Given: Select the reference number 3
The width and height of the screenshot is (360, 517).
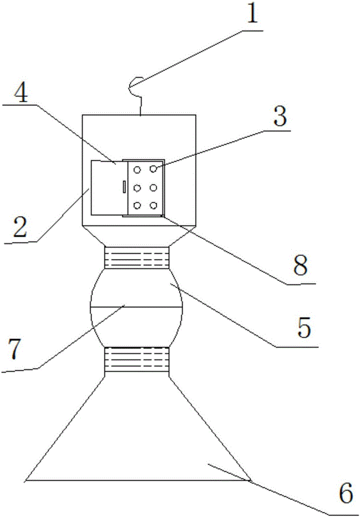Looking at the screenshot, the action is [x=279, y=118].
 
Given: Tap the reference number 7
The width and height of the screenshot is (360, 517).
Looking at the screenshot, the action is [x=15, y=350].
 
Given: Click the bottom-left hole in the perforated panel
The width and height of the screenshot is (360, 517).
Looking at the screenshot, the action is [x=138, y=206].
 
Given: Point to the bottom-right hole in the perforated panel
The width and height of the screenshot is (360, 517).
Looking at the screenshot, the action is [x=154, y=206].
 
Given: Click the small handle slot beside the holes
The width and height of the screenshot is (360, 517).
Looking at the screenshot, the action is [x=124, y=187].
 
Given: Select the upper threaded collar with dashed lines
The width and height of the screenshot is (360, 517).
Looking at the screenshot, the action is [x=137, y=257].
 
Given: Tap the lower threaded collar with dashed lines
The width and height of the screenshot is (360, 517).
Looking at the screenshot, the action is [x=137, y=359].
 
